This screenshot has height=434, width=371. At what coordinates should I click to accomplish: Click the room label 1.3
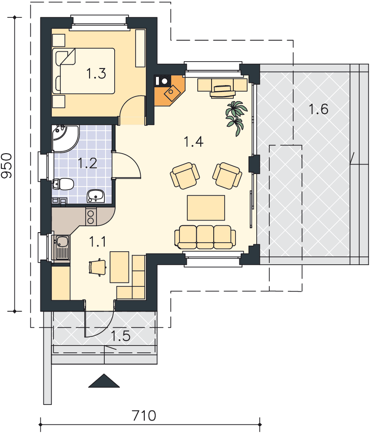(x=96, y=74)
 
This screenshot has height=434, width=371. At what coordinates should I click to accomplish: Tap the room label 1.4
(x=194, y=141)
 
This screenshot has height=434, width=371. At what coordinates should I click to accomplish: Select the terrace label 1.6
(x=318, y=109)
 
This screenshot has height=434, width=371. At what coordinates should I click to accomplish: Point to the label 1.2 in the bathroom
(x=87, y=163)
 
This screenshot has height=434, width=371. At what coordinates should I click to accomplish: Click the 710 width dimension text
(x=144, y=416)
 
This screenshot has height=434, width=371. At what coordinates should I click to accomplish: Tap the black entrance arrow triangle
(x=104, y=381)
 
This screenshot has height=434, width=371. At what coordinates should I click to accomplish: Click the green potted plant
(x=236, y=118)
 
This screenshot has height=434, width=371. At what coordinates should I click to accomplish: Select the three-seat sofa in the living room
(x=205, y=237)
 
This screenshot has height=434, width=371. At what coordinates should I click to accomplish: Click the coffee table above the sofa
(x=206, y=208)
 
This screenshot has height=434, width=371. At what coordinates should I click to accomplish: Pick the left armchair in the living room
(x=185, y=175)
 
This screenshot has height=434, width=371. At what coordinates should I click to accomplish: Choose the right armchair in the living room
(x=227, y=176)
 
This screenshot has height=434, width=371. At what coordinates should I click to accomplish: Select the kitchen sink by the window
(x=61, y=247)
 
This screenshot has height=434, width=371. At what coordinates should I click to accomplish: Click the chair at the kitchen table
(x=98, y=267)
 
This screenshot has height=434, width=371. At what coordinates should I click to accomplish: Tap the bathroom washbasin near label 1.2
(x=96, y=196)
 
